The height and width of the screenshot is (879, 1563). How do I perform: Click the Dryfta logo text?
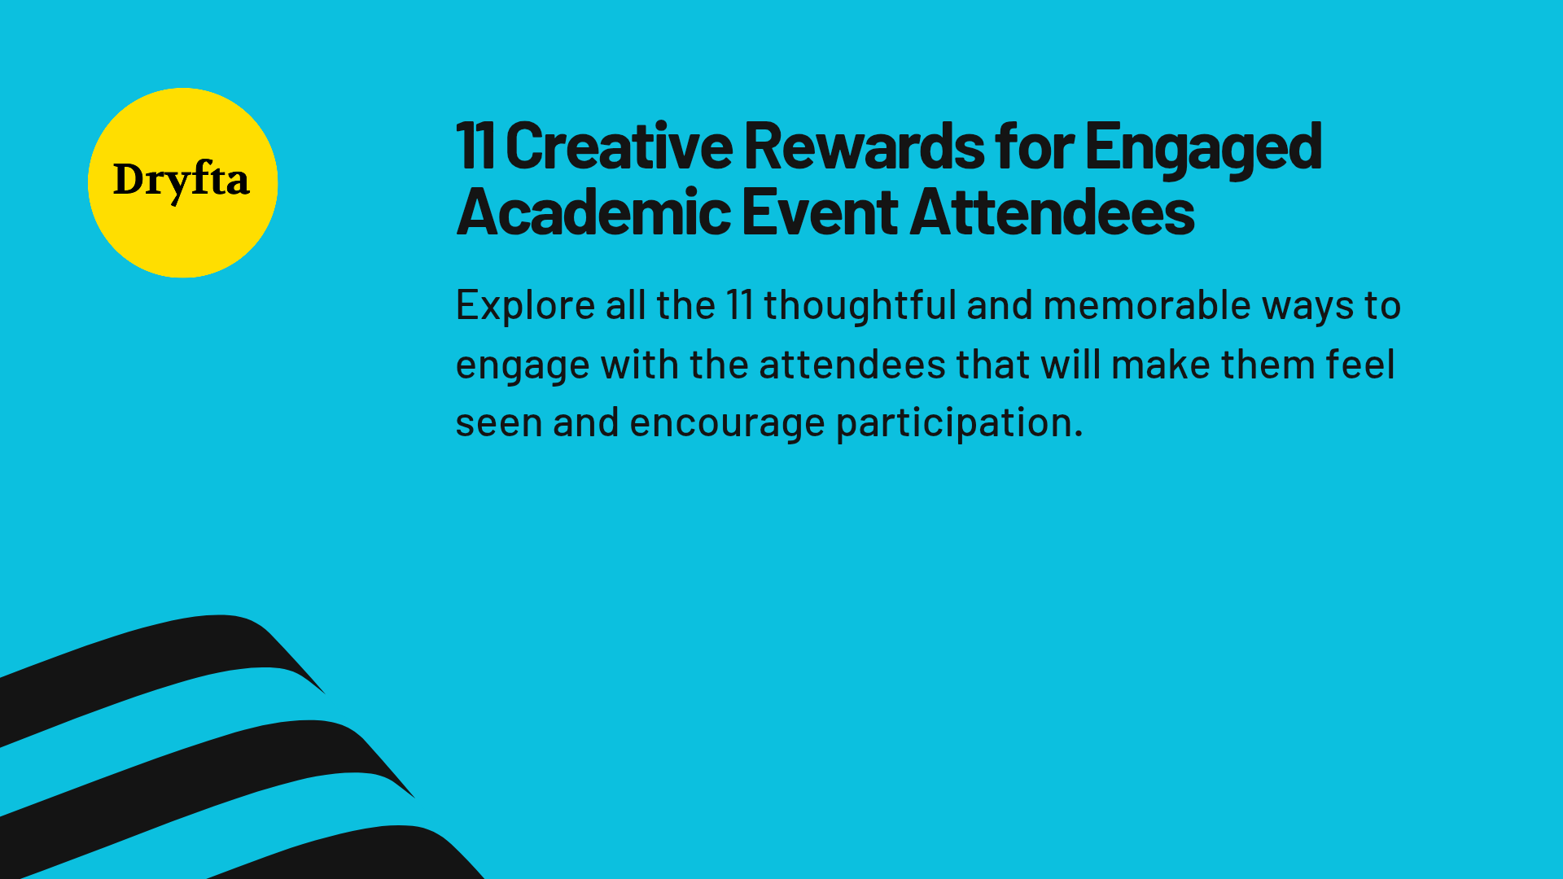(x=181, y=181)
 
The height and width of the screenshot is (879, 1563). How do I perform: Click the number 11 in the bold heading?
(x=475, y=146)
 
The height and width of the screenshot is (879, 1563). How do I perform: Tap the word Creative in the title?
(x=619, y=146)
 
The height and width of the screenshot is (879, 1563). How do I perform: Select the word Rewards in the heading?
(x=864, y=146)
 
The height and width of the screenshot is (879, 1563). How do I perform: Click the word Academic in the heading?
(x=593, y=212)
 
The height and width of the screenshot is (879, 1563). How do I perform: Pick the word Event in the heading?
(x=820, y=212)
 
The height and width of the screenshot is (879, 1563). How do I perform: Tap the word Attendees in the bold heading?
(x=1052, y=212)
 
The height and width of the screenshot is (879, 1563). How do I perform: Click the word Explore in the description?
(x=525, y=306)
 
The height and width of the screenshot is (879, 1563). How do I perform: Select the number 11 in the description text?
(x=739, y=306)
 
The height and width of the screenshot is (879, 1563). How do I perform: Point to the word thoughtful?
(x=860, y=306)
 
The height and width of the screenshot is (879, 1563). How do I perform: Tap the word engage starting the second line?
(x=522, y=365)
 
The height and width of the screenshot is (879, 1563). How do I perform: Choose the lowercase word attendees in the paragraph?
(x=852, y=365)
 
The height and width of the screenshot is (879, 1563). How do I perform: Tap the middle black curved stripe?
(x=204, y=769)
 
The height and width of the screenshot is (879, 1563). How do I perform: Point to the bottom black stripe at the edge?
(x=366, y=855)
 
